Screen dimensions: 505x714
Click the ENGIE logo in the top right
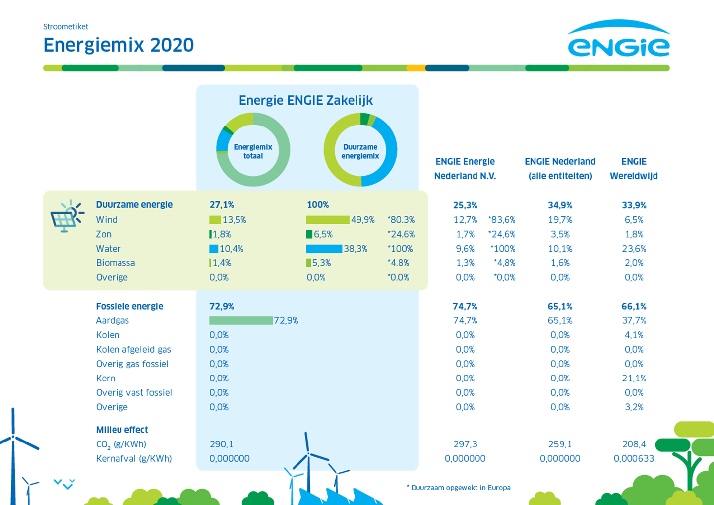tap(618, 40)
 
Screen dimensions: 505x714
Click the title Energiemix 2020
tap(119, 45)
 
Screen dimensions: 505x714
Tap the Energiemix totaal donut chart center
tap(253, 151)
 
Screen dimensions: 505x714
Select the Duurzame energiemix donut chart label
tap(360, 151)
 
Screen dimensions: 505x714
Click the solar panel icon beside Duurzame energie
tap(66, 217)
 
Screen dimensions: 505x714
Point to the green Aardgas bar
tap(241, 321)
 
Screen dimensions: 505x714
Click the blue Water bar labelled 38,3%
tap(324, 249)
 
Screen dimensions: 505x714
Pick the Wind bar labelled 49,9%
tap(328, 220)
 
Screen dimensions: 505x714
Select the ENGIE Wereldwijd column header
tap(634, 169)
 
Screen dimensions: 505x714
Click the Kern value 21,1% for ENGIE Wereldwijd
tap(634, 379)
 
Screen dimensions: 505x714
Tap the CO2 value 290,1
tap(221, 444)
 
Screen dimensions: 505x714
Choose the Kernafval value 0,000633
tap(634, 459)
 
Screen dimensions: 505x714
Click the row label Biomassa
tap(116, 263)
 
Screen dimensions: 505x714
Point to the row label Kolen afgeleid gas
tap(133, 350)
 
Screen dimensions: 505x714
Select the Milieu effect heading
tap(122, 430)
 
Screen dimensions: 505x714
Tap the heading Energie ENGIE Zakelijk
tap(306, 101)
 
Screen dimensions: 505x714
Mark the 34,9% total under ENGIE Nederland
tap(560, 205)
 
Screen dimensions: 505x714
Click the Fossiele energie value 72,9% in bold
tap(222, 306)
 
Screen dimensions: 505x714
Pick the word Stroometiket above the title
tap(65, 27)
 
